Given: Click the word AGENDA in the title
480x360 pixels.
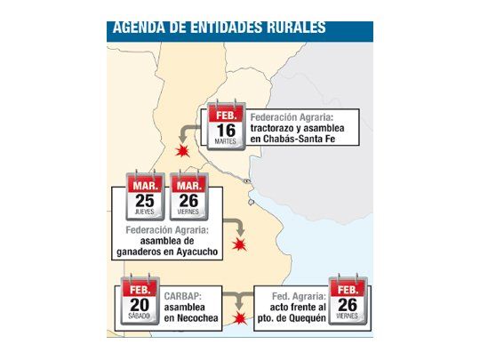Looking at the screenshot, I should (x=139, y=27).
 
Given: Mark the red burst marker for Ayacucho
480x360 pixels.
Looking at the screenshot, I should (x=237, y=244).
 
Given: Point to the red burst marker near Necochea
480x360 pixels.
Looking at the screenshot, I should (x=238, y=316).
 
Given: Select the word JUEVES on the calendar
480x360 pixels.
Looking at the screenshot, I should (x=144, y=214).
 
